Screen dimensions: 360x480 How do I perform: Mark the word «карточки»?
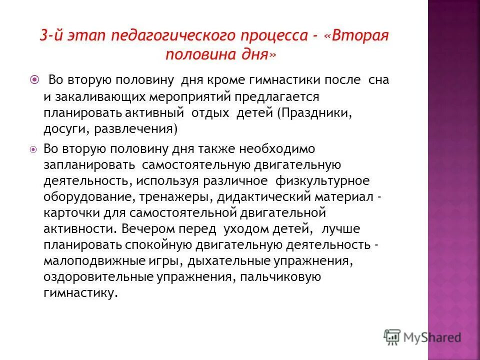[67, 213]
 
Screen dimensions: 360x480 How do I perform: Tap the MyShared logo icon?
[392, 336]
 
